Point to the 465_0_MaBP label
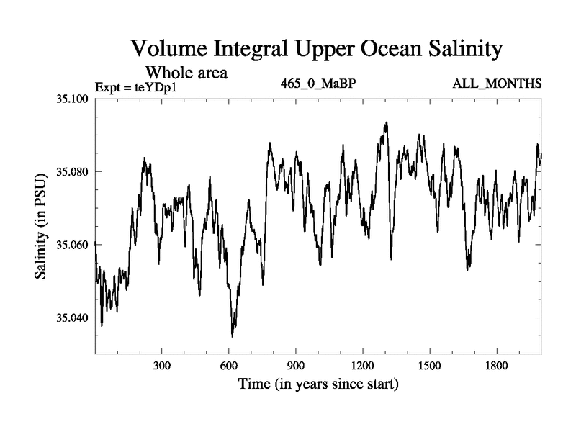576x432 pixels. point(319,84)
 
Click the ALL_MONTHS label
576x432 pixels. point(497,84)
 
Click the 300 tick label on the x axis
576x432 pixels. point(162,366)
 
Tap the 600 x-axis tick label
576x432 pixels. point(229,366)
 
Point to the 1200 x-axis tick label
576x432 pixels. point(362,366)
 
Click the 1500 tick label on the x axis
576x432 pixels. point(429,366)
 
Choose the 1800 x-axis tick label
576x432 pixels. point(496,366)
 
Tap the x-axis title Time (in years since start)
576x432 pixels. point(318,384)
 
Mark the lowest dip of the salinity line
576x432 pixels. point(232,336)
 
